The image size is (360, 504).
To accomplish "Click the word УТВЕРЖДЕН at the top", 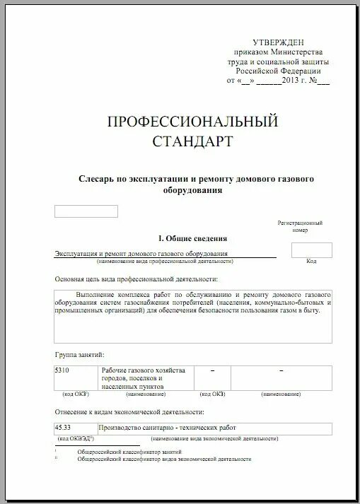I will point(281,44).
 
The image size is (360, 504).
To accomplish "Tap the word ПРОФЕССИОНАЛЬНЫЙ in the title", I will point(192,122).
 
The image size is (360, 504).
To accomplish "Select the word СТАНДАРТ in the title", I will point(192,141).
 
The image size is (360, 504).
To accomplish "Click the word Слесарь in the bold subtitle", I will point(94,180).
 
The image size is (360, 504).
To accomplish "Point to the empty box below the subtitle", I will point(86,211).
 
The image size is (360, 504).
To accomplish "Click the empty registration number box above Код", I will point(311,250).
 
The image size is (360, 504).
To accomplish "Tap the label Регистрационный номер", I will point(300,226).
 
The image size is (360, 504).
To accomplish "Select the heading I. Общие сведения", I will point(192,239).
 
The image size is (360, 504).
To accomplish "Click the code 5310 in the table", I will point(62,371).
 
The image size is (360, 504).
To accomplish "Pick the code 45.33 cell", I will point(63,428).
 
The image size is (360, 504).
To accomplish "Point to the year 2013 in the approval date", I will point(292,81).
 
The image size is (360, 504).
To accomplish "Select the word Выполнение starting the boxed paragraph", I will point(98,293).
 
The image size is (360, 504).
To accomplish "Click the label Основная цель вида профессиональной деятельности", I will point(135,280).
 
